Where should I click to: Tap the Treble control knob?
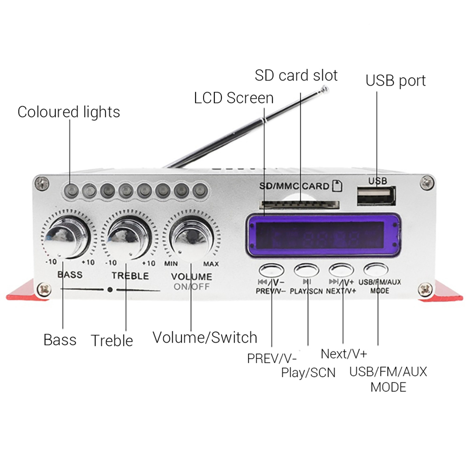click(129, 237)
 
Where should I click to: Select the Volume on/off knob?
click(191, 237)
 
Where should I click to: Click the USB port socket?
click(376, 196)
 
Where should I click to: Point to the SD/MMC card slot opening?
click(299, 205)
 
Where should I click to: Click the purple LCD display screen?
click(323, 235)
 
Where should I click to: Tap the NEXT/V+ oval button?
click(341, 270)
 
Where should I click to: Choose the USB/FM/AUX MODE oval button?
click(376, 270)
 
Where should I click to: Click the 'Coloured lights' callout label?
click(69, 112)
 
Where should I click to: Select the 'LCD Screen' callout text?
click(234, 98)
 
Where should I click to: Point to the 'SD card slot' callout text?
click(296, 75)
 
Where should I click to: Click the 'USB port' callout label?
click(396, 81)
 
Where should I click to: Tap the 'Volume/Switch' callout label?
click(205, 337)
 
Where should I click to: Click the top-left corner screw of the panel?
click(42, 183)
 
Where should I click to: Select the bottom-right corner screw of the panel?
click(425, 290)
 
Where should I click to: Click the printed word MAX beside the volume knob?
click(211, 264)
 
